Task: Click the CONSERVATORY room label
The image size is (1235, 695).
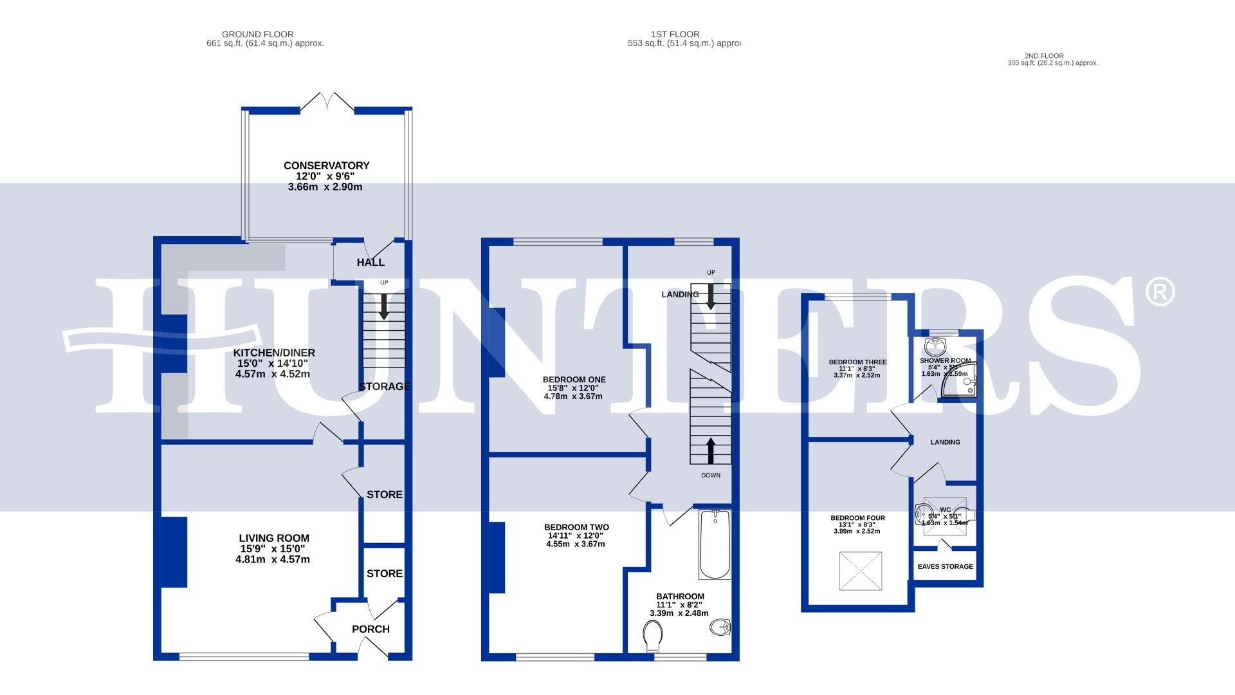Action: click(x=326, y=166)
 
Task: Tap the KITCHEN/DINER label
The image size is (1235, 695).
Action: click(x=274, y=353)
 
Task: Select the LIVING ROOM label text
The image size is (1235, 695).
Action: click(x=274, y=538)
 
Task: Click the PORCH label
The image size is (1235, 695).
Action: click(x=370, y=629)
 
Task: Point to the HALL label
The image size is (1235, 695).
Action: click(x=370, y=262)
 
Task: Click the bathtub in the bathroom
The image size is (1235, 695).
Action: click(x=714, y=544)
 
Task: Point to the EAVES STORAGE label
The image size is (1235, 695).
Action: click(x=945, y=566)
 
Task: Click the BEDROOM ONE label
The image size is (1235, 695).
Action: click(x=574, y=380)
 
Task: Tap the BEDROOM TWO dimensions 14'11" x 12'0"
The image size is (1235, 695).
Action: click(x=576, y=535)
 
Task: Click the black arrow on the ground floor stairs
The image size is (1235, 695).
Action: click(x=384, y=307)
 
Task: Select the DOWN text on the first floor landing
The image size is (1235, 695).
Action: click(x=711, y=475)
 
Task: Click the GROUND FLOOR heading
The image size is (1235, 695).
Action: click(x=257, y=34)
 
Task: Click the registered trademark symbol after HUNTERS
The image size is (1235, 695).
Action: click(x=1160, y=292)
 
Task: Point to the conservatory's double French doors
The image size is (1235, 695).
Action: click(x=327, y=103)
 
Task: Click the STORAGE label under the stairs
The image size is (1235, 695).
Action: click(x=384, y=386)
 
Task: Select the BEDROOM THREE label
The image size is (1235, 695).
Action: click(x=857, y=362)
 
